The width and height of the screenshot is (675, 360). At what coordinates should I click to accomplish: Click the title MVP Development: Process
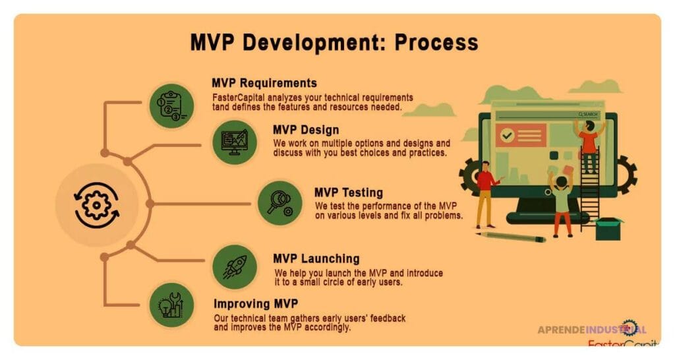334,42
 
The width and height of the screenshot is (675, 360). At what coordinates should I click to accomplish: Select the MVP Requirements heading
264,83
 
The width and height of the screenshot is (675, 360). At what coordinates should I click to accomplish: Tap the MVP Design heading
306,129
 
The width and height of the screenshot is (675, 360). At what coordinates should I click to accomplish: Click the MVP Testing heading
348,193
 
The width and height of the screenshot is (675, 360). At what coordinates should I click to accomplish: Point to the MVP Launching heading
316,258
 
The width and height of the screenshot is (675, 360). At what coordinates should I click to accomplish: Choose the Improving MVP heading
255,304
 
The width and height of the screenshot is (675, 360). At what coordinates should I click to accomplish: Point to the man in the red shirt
486,194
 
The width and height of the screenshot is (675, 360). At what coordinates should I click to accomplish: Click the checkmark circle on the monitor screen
507,135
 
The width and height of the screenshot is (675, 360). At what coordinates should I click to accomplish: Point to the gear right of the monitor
626,173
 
